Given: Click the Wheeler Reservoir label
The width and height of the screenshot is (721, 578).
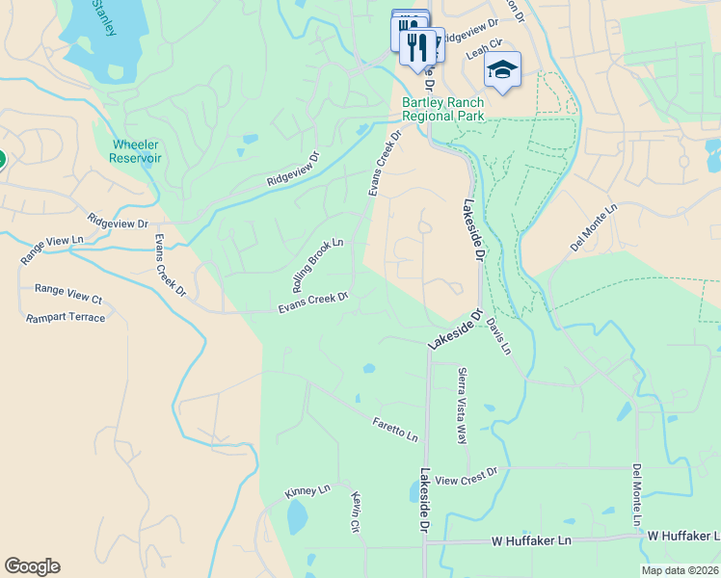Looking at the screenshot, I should pyautogui.click(x=136, y=151).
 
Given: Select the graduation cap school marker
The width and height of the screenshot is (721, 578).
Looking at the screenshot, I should pyautogui.click(x=502, y=69).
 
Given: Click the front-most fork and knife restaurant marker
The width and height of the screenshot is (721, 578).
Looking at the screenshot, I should pyautogui.click(x=417, y=47).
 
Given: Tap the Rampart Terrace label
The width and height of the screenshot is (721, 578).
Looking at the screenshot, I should pyautogui.click(x=66, y=318).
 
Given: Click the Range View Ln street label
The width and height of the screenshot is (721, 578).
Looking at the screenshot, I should pyautogui.click(x=45, y=251).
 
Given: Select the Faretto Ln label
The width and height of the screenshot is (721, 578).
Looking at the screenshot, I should pyautogui.click(x=395, y=429).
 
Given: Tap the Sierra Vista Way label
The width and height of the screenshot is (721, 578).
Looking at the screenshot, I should pyautogui.click(x=462, y=405).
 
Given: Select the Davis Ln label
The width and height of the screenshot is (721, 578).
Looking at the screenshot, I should pyautogui.click(x=497, y=336).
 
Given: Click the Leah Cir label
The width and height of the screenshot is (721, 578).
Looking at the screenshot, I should pyautogui.click(x=486, y=44).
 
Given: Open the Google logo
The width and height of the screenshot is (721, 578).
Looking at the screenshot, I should pyautogui.click(x=32, y=566).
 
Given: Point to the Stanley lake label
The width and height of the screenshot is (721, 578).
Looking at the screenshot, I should pyautogui.click(x=102, y=16).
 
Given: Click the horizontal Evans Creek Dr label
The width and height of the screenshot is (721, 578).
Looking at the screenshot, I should pyautogui.click(x=312, y=302).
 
